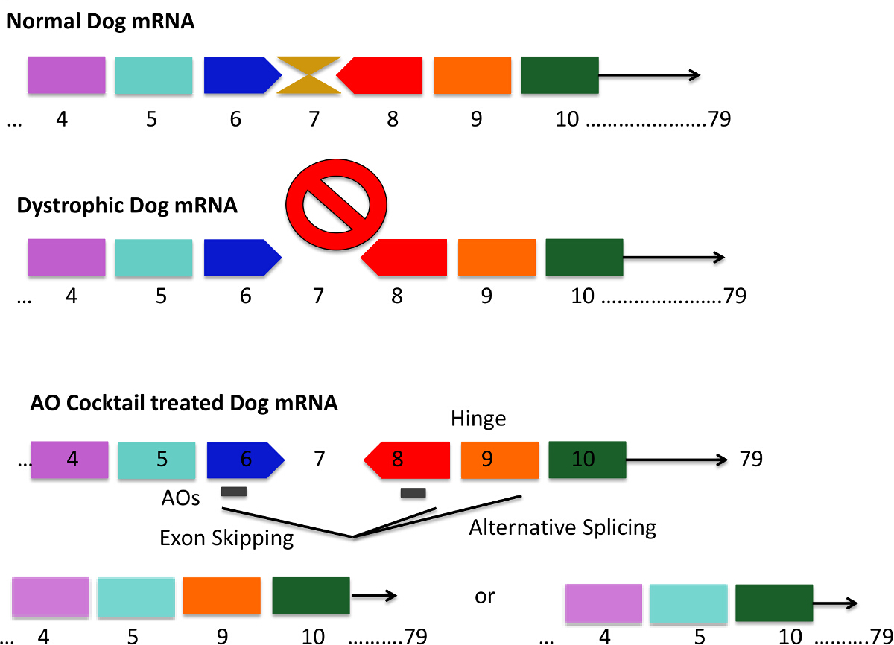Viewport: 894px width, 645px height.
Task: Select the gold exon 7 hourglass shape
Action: pos(309,75)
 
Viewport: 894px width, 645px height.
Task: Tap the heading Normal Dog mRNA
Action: pos(101,22)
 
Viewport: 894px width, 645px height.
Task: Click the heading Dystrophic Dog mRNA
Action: pos(127,205)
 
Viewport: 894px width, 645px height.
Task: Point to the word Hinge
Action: pos(478,419)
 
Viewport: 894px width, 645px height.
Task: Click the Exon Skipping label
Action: pos(226,538)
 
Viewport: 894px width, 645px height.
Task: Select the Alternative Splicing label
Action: pos(562,528)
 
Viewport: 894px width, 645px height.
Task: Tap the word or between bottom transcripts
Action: pos(484,597)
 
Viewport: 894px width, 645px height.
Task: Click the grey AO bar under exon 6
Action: pos(234,492)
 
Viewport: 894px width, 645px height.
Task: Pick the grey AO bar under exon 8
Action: pos(413,492)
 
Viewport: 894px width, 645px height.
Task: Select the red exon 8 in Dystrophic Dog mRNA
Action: pos(406,258)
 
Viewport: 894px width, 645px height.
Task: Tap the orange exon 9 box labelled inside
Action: pos(500,460)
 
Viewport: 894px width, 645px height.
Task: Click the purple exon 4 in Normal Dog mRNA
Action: pos(66,75)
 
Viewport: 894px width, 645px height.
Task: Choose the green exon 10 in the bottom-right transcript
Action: pos(773,604)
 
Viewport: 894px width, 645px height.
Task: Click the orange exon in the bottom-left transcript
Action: pos(222,597)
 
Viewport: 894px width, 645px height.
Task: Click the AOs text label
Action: pos(180,498)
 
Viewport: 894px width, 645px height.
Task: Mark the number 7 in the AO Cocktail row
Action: pos(320,459)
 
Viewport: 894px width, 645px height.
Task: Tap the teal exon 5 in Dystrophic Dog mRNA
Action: pos(153,258)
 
